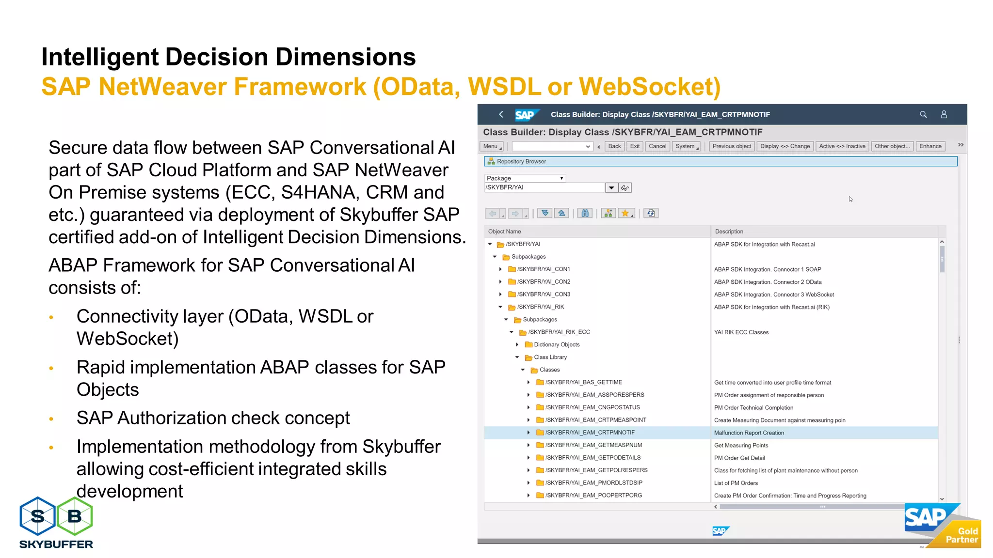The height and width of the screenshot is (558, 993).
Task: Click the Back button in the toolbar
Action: coord(614,146)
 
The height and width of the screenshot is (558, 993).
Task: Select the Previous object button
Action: coord(731,146)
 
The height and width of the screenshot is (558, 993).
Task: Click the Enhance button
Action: coord(930,146)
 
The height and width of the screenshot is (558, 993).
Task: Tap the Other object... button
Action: coord(892,146)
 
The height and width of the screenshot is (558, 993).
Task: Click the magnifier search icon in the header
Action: coord(923,115)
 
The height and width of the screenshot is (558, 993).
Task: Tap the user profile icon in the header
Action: coord(944,115)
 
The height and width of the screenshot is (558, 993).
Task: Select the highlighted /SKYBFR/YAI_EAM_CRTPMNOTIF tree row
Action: coord(590,433)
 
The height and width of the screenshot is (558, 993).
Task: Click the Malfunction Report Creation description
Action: coord(749,433)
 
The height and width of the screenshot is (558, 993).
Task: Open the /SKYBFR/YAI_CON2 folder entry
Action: coord(543,282)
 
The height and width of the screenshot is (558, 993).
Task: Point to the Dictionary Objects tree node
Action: coord(556,345)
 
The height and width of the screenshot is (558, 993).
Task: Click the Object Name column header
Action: coord(504,232)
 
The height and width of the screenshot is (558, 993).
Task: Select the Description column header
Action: coord(729,232)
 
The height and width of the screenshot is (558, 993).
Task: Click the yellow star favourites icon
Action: coord(625,213)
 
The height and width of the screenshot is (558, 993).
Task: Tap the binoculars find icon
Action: coord(585,213)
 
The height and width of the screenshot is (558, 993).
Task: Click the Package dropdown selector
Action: coord(525,178)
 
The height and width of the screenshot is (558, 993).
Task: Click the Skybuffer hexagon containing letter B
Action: coord(75,516)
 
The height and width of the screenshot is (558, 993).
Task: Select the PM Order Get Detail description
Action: coord(739,458)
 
